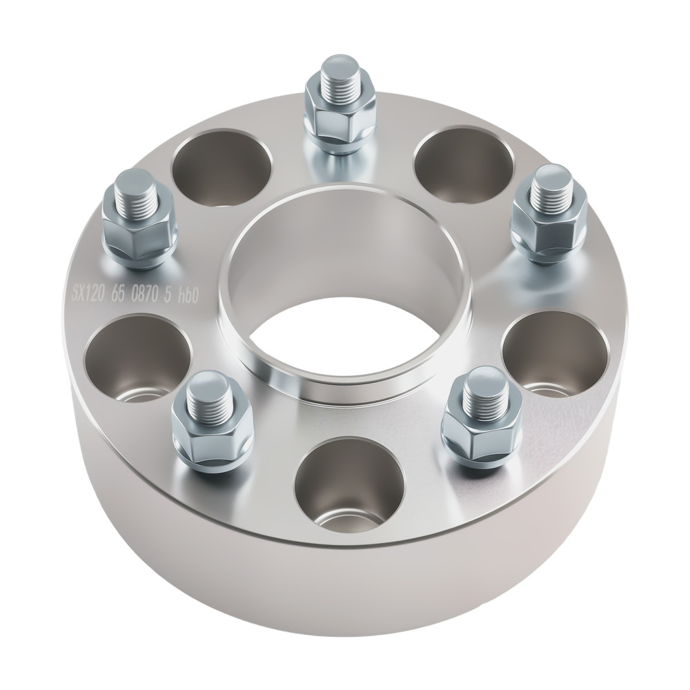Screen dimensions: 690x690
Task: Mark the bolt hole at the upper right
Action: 463,164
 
